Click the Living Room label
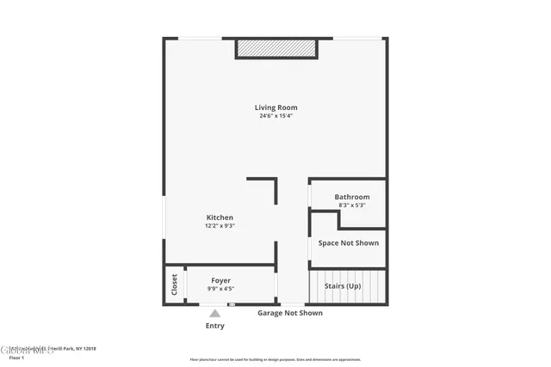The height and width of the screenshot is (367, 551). click(x=275, y=107)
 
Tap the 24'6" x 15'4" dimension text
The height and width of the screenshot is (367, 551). click(x=275, y=116)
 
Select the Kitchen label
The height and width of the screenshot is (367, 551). click(x=220, y=217)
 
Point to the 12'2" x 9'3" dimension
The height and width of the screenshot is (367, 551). click(x=220, y=226)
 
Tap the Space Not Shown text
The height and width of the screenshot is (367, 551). click(x=348, y=243)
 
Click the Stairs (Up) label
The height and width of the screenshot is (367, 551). click(x=342, y=285)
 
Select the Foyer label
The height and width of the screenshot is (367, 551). click(x=220, y=280)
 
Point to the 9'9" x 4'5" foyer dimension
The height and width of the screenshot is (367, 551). click(x=220, y=289)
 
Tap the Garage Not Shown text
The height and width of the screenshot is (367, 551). click(x=290, y=313)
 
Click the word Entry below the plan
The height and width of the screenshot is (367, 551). click(x=215, y=327)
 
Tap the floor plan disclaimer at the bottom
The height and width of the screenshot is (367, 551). click(x=275, y=359)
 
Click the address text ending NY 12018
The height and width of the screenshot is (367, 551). click(x=52, y=348)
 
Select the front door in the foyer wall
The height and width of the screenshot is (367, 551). click(x=231, y=305)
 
